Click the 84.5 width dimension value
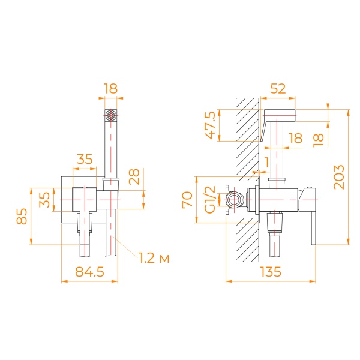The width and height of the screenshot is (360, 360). [x=89, y=272]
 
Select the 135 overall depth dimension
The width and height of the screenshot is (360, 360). [x=271, y=272]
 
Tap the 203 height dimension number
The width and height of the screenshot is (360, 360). [x=339, y=176]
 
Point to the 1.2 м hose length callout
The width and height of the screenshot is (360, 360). [x=154, y=259]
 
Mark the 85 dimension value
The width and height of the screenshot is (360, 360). [x=21, y=216]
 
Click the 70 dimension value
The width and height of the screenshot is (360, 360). [x=187, y=199]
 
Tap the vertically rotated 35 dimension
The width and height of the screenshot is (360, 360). [x=44, y=199]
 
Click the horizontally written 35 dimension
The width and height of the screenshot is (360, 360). [x=84, y=160]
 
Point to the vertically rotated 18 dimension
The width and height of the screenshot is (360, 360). [x=319, y=139]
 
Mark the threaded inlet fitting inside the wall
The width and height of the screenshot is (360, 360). [x=235, y=199]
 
